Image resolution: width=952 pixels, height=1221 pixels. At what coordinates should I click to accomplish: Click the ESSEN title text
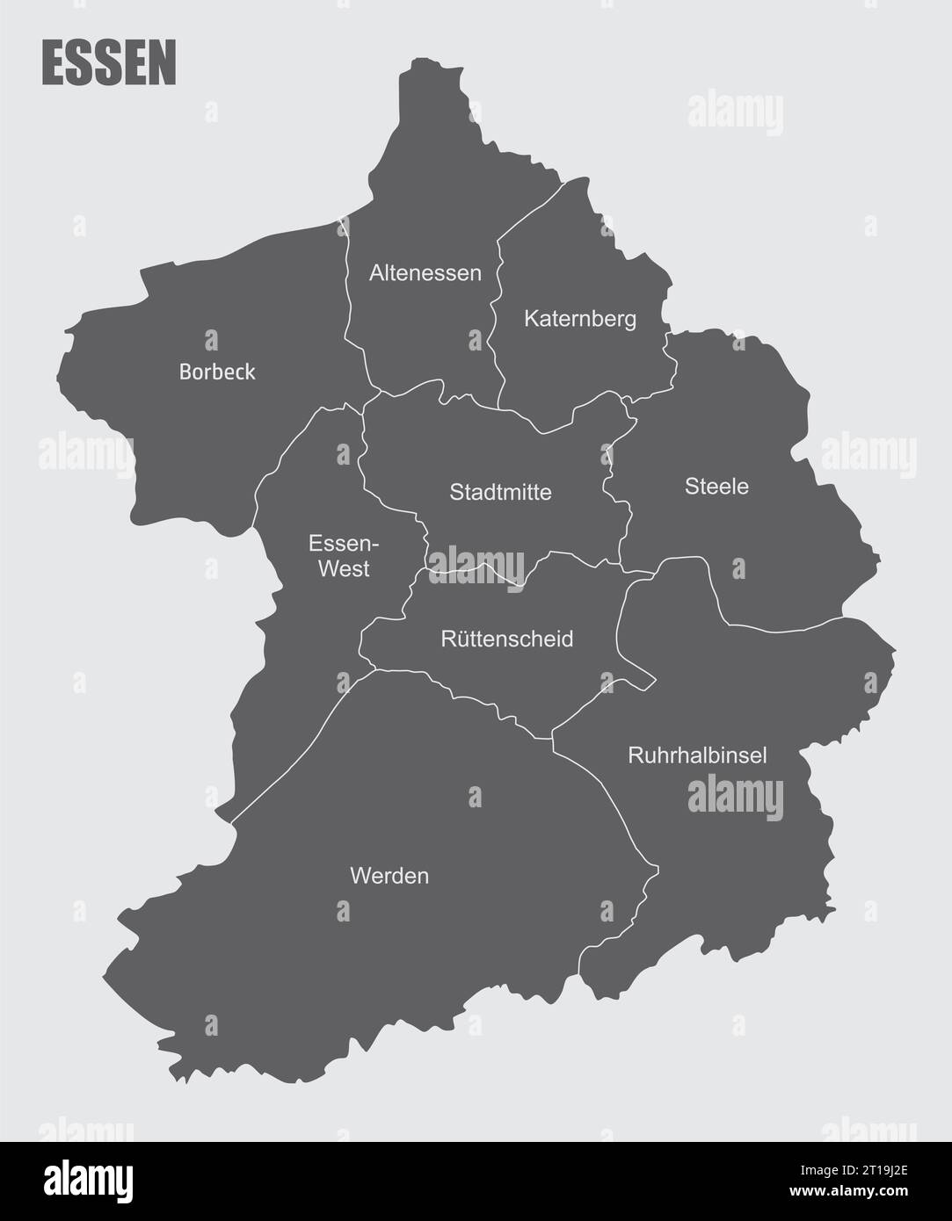tap(109, 63)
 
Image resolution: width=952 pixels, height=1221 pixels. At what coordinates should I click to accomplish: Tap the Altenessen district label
tap(425, 273)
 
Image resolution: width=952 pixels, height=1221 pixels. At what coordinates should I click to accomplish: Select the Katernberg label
tap(580, 319)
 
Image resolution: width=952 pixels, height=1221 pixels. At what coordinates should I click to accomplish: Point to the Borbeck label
tap(217, 372)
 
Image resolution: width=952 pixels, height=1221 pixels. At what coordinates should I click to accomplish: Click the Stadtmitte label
tap(500, 492)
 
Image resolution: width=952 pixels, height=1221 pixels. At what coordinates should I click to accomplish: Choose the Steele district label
tap(716, 486)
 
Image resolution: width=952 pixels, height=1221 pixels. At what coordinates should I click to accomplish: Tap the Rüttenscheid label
tap(506, 639)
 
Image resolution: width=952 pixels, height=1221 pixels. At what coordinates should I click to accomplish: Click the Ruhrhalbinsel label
tap(697, 755)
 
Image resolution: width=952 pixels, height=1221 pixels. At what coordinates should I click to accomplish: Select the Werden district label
tap(389, 876)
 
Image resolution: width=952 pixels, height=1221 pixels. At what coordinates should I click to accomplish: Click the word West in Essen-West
tap(344, 569)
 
